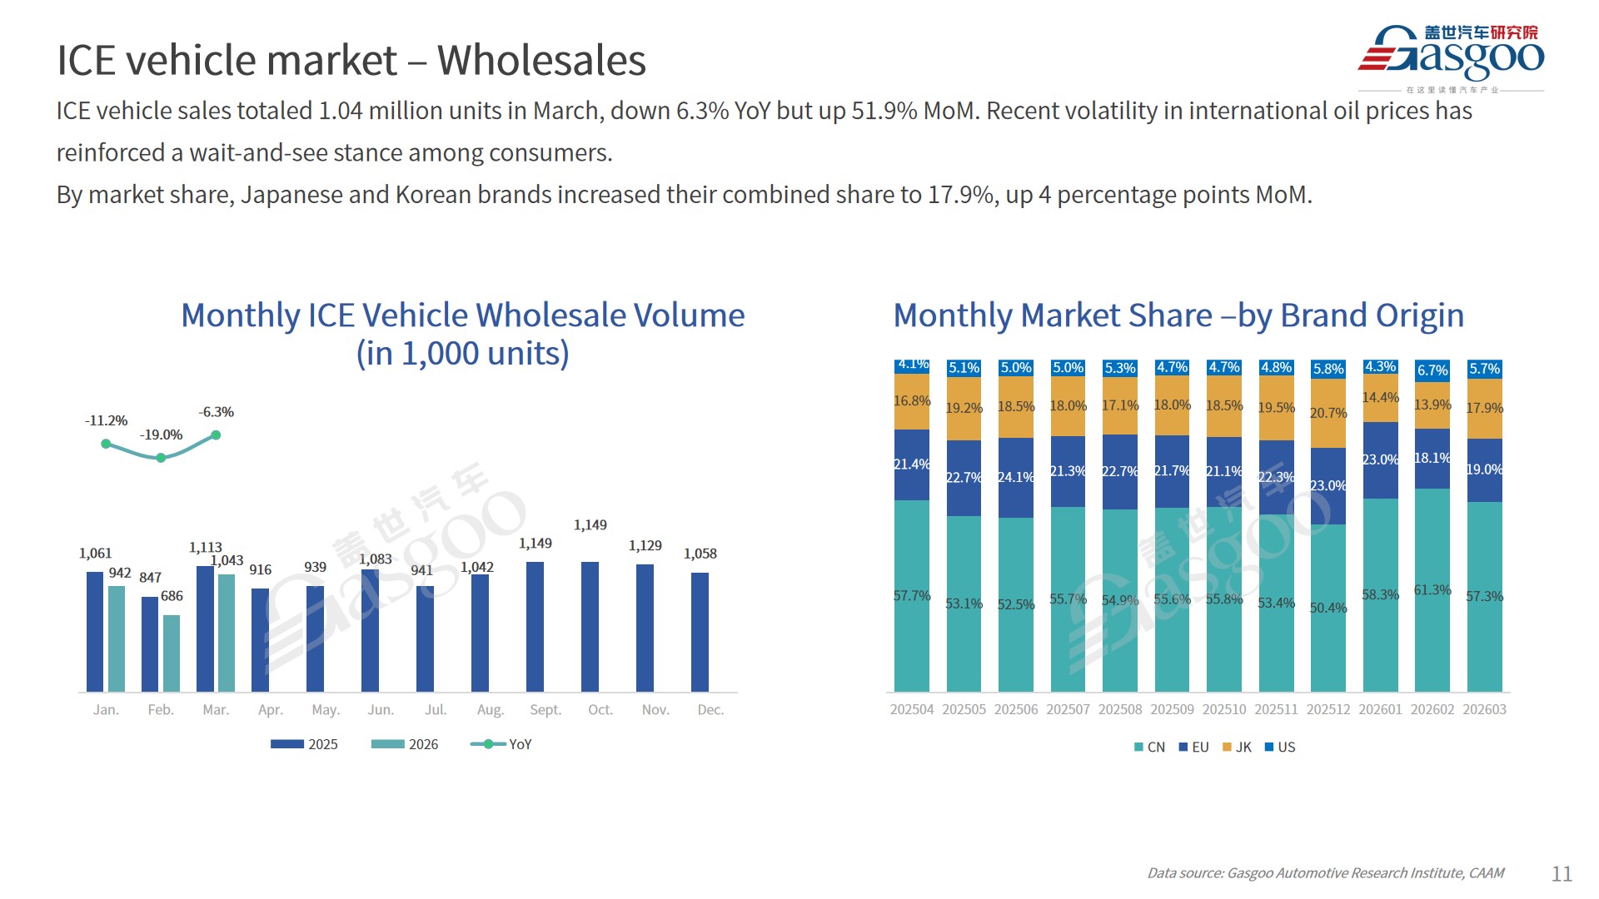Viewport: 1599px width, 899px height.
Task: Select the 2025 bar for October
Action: tap(590, 626)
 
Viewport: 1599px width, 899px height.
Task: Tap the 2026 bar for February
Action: tap(172, 653)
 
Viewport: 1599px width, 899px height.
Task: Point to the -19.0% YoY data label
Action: tap(161, 435)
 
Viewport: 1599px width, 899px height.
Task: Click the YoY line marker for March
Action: tap(216, 435)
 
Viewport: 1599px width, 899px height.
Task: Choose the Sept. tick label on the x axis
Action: tap(545, 710)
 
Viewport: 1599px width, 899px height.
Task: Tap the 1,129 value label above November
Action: tap(645, 546)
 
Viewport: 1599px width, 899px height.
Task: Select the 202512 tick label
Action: tap(1328, 710)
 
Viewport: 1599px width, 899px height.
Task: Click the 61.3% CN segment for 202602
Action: tap(1432, 589)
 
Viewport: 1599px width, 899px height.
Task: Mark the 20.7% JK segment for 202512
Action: tap(1328, 413)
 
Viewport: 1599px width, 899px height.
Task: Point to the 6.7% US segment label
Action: tap(1432, 370)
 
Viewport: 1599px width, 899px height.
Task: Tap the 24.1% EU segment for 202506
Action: tap(1016, 477)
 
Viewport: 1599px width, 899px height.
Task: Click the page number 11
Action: tap(1562, 873)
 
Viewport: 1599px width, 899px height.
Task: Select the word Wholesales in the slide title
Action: tap(541, 61)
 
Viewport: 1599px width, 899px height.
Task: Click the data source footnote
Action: tap(1325, 873)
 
